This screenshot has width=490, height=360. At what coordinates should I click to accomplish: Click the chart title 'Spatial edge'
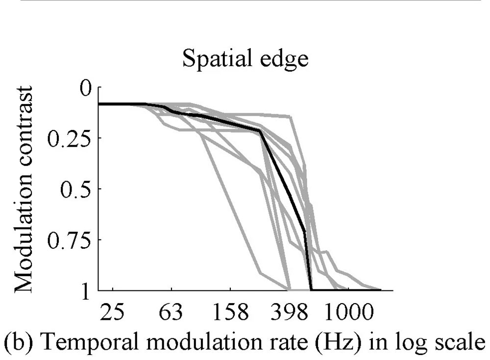pos(245,60)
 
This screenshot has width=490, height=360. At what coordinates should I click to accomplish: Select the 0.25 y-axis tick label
pos(73,138)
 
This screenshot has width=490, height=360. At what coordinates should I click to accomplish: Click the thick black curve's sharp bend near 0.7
pos(305,232)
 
